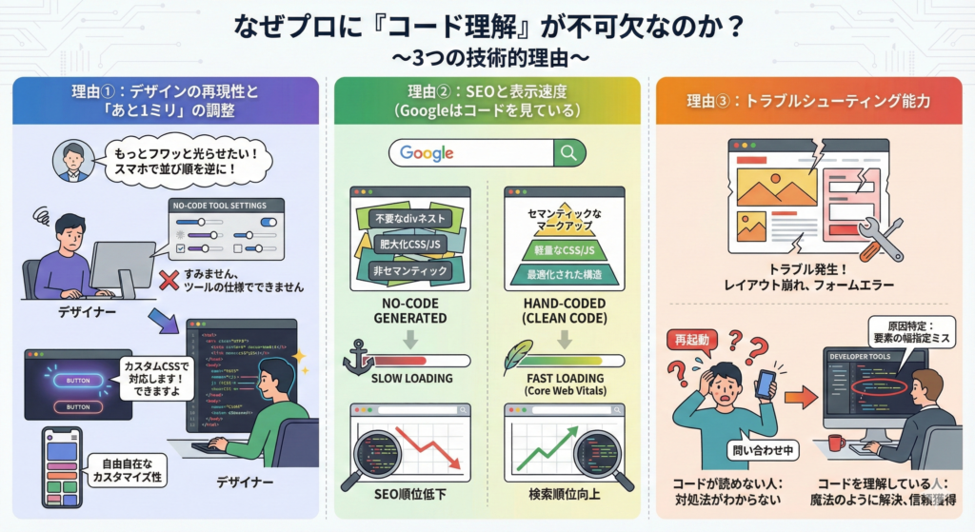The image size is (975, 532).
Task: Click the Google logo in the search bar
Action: (426, 152)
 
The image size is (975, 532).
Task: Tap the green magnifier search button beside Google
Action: (568, 152)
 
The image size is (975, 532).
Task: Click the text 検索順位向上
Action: (564, 496)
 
